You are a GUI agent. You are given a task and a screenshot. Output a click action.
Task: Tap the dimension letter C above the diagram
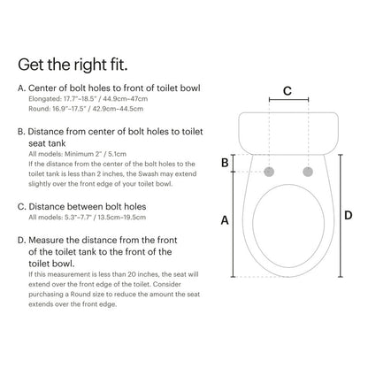tap(287, 90)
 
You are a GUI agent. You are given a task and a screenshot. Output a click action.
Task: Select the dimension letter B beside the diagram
tap(225, 162)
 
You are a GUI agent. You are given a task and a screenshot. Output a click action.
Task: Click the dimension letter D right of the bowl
tap(348, 215)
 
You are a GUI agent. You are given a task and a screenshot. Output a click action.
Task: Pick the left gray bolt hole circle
tap(271, 170)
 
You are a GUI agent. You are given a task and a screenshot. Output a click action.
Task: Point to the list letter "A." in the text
tap(22, 88)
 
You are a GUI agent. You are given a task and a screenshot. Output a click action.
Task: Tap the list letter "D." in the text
tap(22, 239)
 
